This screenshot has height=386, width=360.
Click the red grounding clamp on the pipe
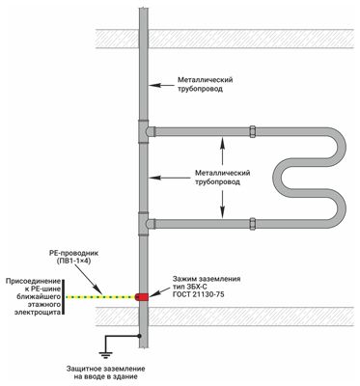(x=142, y=296)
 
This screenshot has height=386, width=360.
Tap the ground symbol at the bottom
(x=106, y=354)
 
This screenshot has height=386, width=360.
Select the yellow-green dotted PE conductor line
(x=100, y=296)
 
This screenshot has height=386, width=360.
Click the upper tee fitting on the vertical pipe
(x=144, y=131)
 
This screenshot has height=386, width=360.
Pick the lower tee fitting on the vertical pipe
(x=144, y=224)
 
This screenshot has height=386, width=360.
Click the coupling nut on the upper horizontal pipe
(x=253, y=131)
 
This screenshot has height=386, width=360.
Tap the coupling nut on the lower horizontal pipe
(x=253, y=224)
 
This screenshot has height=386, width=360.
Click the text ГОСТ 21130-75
(x=199, y=294)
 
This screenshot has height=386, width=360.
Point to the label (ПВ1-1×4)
(x=73, y=262)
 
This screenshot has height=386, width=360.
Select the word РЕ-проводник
(x=73, y=254)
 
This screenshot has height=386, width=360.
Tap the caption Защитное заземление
(x=106, y=369)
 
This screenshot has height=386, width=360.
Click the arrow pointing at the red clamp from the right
(x=160, y=291)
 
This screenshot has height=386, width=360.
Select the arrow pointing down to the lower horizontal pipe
(x=222, y=205)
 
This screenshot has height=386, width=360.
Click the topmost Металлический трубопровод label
(x=206, y=84)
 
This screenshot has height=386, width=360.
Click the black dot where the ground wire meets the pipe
(x=139, y=336)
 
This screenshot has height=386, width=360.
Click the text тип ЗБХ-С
(x=188, y=287)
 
